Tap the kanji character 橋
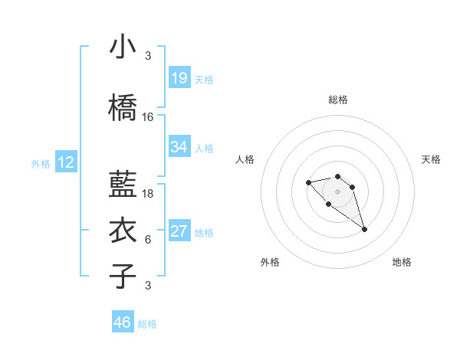[123, 109]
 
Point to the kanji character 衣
[123, 231]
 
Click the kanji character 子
[123, 277]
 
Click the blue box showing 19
[179, 78]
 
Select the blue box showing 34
[179, 147]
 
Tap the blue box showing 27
[179, 231]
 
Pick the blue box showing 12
[66, 162]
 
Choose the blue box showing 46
[123, 322]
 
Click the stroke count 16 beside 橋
[148, 117]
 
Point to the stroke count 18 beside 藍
[148, 194]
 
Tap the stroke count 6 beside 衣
[148, 240]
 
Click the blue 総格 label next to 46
[147, 324]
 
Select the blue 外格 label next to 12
[41, 163]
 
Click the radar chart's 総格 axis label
[338, 100]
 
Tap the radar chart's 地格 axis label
[402, 262]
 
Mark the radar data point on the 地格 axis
[364, 229]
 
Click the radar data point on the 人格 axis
[308, 182]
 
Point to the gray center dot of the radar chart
[338, 191]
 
